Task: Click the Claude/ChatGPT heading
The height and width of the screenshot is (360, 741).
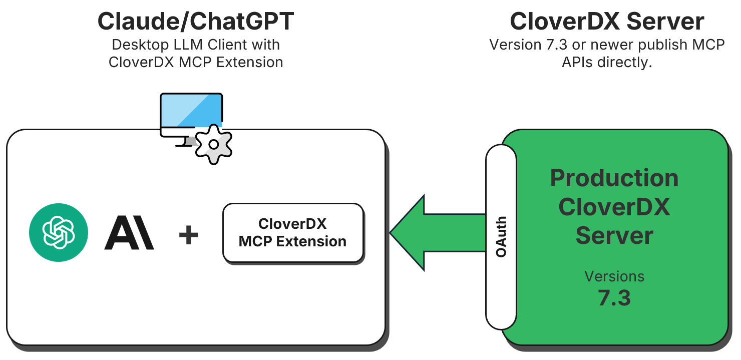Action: click(x=195, y=22)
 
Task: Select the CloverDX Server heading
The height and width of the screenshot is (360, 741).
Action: click(x=607, y=22)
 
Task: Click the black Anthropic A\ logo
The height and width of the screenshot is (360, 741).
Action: click(x=129, y=233)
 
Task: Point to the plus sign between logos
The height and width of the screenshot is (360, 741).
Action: click(x=189, y=234)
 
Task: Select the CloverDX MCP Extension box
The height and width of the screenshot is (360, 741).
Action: click(x=293, y=233)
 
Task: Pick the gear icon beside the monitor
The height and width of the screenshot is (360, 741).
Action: click(x=213, y=144)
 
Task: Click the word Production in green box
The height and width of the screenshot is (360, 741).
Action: click(x=614, y=179)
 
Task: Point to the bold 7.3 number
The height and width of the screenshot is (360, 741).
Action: click(x=614, y=298)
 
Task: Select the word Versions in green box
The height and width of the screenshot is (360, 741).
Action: click(x=614, y=276)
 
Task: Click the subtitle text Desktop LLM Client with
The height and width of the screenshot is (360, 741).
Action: click(x=195, y=45)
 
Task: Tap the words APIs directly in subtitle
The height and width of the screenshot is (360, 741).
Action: click(x=607, y=62)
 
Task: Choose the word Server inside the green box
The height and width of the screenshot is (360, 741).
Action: click(x=614, y=235)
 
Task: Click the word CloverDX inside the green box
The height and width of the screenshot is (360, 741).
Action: click(x=614, y=207)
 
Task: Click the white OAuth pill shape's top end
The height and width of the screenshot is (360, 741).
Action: click(x=501, y=153)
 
